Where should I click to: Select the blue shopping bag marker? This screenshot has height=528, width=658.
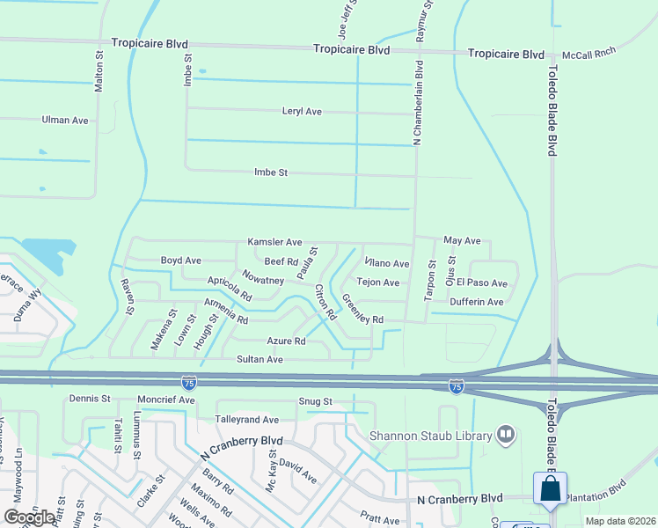tap(550, 489)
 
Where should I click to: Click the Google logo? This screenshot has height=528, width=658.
tap(29, 517)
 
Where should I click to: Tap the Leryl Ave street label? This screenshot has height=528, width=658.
tap(302, 112)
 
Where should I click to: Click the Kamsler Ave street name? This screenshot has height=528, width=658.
tap(274, 242)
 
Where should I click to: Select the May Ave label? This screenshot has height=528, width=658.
tap(462, 240)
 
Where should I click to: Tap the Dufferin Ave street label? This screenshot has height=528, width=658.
tap(476, 302)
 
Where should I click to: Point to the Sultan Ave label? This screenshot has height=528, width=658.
tap(260, 359)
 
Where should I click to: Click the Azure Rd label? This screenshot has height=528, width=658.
tap(286, 341)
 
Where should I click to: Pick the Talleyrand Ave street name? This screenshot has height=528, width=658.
tap(247, 420)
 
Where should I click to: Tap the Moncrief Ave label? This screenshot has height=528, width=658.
tap(168, 400)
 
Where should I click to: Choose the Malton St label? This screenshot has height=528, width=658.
tap(99, 71)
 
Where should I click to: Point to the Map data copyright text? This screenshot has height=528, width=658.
tap(619, 521)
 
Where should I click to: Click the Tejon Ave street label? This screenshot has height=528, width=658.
tap(378, 282)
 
